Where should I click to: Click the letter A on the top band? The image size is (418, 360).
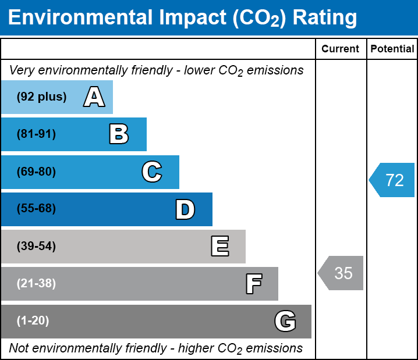tap(94, 97)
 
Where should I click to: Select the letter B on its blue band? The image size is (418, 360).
tap(119, 134)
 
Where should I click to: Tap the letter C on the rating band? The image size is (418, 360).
tap(151, 172)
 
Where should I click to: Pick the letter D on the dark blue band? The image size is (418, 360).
tap(185, 209)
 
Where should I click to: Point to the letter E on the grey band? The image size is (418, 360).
tap(219, 247)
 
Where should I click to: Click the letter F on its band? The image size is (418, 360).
tap(253, 284)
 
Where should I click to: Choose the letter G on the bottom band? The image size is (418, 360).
tap(285, 321)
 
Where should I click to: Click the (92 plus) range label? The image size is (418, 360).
tap(41, 97)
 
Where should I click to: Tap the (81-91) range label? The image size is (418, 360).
tap(36, 134)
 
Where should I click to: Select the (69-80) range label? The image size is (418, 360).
tap(36, 172)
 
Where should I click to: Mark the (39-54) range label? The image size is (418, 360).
tap(36, 247)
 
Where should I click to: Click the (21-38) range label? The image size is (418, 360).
tap(36, 284)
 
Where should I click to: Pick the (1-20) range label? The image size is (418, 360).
tap(33, 321)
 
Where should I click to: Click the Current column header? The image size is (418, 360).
tap(341, 49)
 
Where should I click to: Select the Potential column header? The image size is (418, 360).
tap(392, 49)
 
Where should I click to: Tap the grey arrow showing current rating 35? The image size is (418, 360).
tap(341, 273)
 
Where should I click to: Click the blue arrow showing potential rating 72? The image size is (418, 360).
tap(392, 180)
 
